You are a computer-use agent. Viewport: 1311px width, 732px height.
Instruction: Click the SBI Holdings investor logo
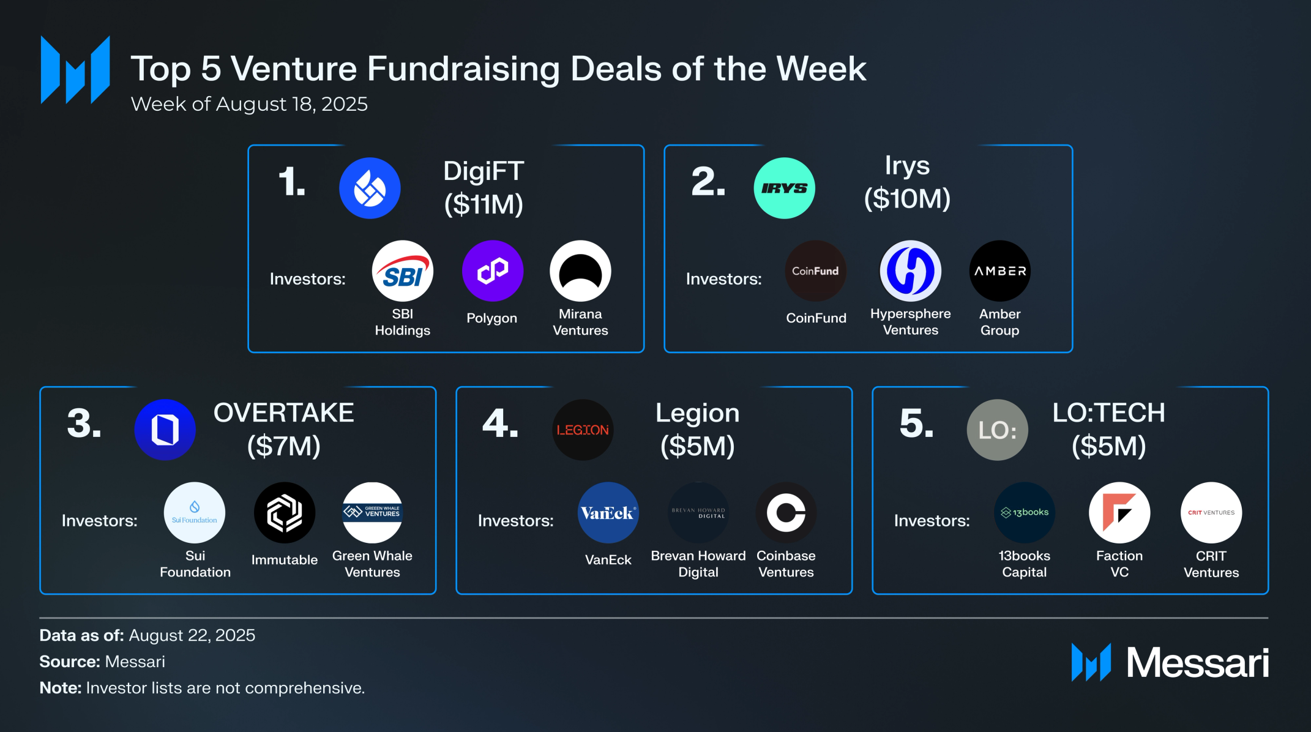(x=403, y=271)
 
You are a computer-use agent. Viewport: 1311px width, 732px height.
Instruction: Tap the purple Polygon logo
(x=493, y=271)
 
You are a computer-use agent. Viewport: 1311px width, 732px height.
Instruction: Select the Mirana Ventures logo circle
(x=580, y=271)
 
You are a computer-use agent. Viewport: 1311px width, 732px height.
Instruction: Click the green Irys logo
(x=784, y=188)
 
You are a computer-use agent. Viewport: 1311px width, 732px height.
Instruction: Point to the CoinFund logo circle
(x=815, y=271)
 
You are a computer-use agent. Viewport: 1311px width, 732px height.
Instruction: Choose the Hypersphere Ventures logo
(x=911, y=271)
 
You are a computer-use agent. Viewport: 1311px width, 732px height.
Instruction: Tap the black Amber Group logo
(x=1000, y=271)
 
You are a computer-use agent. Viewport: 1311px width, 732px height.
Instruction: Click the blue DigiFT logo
(x=370, y=188)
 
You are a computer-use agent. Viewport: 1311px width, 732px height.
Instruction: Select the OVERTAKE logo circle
(x=165, y=430)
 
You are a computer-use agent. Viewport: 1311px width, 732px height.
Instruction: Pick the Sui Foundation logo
(x=195, y=513)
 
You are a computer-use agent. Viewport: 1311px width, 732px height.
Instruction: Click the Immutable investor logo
(x=285, y=513)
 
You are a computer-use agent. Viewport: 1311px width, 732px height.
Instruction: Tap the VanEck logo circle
(x=608, y=513)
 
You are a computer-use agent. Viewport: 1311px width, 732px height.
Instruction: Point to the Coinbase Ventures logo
(x=786, y=513)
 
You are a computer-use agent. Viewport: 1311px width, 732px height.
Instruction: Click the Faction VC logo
(x=1119, y=513)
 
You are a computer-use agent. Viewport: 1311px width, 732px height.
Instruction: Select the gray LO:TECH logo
(x=998, y=430)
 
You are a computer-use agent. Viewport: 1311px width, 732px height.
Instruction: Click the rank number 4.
(x=501, y=424)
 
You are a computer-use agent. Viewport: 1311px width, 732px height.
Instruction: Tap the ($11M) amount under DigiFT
(x=484, y=204)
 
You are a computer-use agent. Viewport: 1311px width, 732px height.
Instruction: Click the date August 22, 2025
(x=192, y=636)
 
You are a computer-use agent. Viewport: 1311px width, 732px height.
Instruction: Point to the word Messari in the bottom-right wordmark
(x=1198, y=663)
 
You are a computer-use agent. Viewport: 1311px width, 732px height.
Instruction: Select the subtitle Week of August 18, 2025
(x=249, y=104)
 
